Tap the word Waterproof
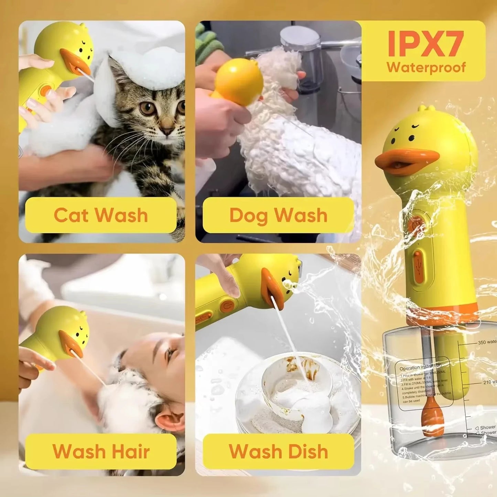(426, 67)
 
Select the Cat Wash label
(101, 215)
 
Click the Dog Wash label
(278, 215)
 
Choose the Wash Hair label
(101, 451)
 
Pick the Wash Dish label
(278, 451)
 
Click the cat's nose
(168, 131)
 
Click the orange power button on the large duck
(415, 224)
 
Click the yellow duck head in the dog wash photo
(239, 81)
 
